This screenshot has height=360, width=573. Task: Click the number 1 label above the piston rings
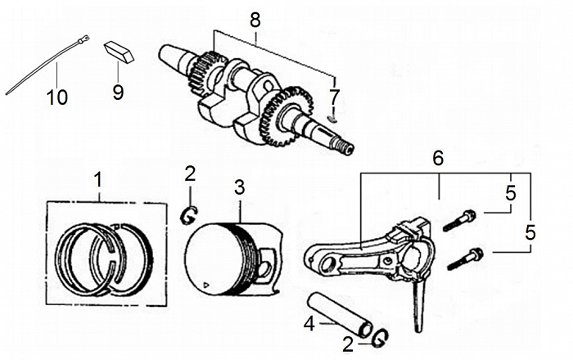click(99, 178)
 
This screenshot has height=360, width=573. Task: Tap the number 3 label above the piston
click(239, 187)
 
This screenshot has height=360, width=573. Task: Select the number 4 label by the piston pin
click(309, 325)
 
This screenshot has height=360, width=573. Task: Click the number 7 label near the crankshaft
click(333, 97)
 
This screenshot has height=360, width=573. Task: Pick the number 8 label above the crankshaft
click(255, 18)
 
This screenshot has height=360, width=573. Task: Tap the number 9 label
click(118, 92)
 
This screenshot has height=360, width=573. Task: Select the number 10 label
click(57, 97)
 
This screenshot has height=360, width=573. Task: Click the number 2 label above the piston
click(190, 173)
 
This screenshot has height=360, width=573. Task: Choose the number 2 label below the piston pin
click(349, 344)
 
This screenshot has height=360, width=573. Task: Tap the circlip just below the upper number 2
click(187, 214)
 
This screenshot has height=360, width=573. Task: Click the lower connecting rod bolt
click(466, 259)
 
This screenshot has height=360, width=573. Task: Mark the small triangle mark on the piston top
click(207, 285)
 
